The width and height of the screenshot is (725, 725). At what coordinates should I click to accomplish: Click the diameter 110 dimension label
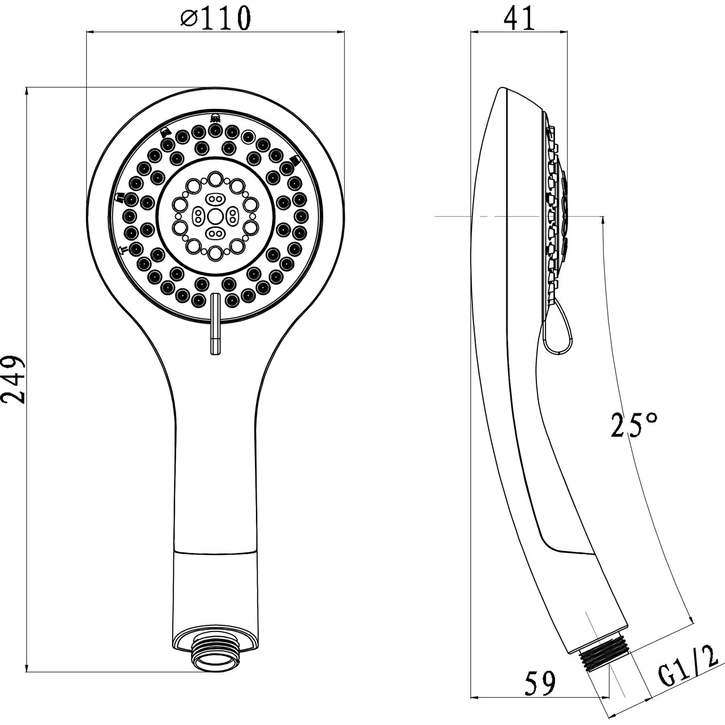click(215, 18)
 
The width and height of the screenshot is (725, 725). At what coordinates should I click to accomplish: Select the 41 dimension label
click(519, 19)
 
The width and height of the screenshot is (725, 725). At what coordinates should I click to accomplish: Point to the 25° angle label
click(634, 425)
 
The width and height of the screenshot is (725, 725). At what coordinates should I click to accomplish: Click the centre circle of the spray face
click(215, 216)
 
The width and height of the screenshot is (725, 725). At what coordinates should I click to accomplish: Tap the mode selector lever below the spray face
click(215, 324)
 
